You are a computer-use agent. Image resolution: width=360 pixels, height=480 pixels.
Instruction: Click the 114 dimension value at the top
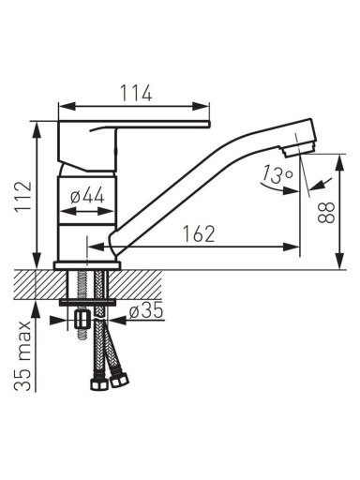[x=136, y=93]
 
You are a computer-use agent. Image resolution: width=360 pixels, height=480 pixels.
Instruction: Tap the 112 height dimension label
[x=23, y=196]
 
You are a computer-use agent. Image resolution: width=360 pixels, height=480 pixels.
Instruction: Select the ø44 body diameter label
[x=87, y=197]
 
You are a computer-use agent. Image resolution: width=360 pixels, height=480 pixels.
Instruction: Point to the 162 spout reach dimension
[x=199, y=233]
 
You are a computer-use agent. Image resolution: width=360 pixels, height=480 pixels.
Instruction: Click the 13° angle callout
[x=277, y=174]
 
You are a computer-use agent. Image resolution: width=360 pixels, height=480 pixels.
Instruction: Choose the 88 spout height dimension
[x=326, y=212]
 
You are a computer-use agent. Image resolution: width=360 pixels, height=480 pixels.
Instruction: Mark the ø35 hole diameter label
[x=146, y=311]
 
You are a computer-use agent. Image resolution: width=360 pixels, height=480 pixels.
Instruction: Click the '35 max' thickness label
[x=22, y=355]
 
